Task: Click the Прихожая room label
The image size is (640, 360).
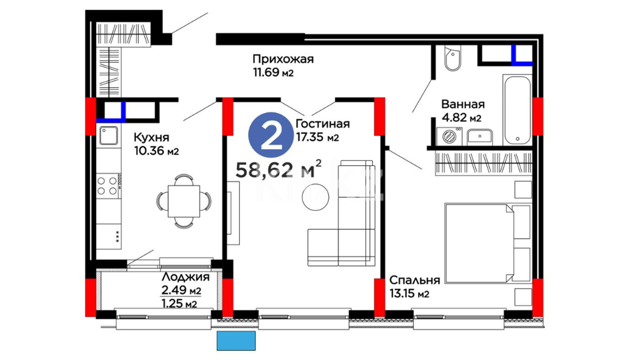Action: click(x=283, y=59)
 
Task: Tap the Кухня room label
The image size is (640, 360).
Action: click(x=151, y=137)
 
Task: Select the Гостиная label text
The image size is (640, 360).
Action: click(x=323, y=124)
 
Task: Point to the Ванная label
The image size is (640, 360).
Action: click(x=463, y=104)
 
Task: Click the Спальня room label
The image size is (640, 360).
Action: click(x=415, y=280)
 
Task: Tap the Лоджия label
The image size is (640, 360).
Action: click(x=186, y=277)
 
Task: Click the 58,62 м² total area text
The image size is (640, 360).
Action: click(x=279, y=169)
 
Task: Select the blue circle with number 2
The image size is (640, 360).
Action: click(x=271, y=135)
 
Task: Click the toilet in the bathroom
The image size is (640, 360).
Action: click(x=453, y=58)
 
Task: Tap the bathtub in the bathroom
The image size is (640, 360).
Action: click(x=517, y=109)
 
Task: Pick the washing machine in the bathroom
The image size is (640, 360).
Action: click(x=449, y=136)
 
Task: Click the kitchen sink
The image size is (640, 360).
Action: click(x=109, y=135)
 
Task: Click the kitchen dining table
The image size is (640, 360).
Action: click(x=184, y=201)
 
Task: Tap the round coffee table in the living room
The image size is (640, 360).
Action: click(x=315, y=197)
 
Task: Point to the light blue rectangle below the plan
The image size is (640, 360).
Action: click(x=236, y=341)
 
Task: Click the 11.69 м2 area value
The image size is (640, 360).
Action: click(x=273, y=72)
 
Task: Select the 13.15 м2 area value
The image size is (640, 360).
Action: click(x=409, y=294)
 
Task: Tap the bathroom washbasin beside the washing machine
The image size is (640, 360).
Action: click(x=480, y=137)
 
